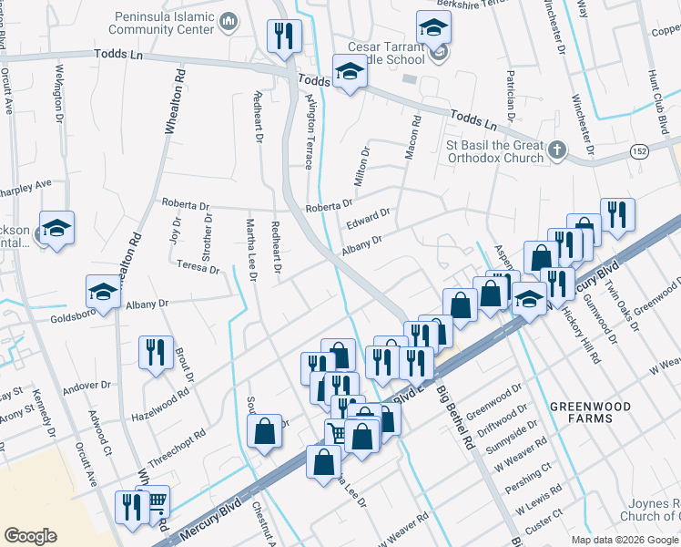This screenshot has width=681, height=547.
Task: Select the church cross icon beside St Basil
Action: click(x=557, y=149)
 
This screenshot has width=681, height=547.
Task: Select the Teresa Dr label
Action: click(x=198, y=267)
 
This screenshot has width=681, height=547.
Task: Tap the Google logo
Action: click(x=31, y=536)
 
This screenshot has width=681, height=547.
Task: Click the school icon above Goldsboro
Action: click(x=102, y=292)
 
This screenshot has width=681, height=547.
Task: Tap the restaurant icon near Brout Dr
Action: click(x=155, y=353)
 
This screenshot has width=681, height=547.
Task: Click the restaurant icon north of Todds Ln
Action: click(x=284, y=36)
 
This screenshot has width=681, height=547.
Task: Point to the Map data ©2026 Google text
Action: click(x=624, y=540)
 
